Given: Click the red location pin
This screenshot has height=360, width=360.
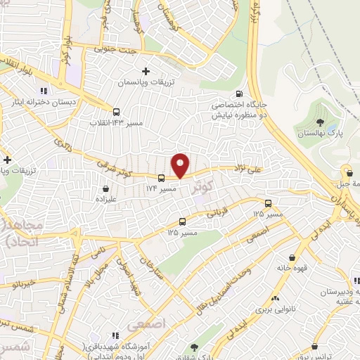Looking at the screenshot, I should click(181, 165).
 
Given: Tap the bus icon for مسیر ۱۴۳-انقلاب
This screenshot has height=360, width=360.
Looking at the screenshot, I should click(116, 111).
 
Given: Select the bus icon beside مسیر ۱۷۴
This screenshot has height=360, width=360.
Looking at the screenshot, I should click(162, 178).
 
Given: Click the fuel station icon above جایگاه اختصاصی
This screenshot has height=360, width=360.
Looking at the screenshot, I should click(240, 94).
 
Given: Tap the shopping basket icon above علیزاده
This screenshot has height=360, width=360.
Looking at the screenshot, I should click(105, 188).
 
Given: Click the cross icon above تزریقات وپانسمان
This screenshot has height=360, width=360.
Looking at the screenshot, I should click(146, 71).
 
